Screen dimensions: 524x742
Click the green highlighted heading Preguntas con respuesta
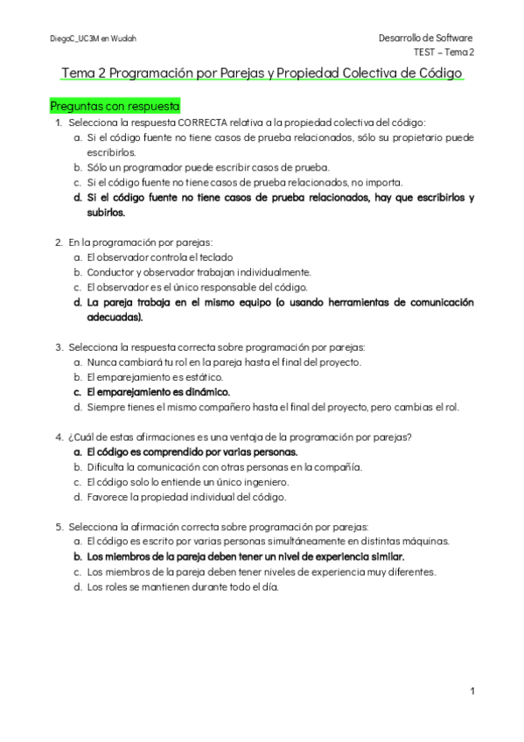115,106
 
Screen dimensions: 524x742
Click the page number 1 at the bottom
472,691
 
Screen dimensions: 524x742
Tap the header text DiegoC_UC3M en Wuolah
93,38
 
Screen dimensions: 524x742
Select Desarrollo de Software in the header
425,38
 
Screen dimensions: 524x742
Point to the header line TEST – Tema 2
444,52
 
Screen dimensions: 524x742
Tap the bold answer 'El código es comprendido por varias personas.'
192,452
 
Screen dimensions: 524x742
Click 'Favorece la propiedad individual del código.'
186,497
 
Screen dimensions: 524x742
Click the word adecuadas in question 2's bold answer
114,318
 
